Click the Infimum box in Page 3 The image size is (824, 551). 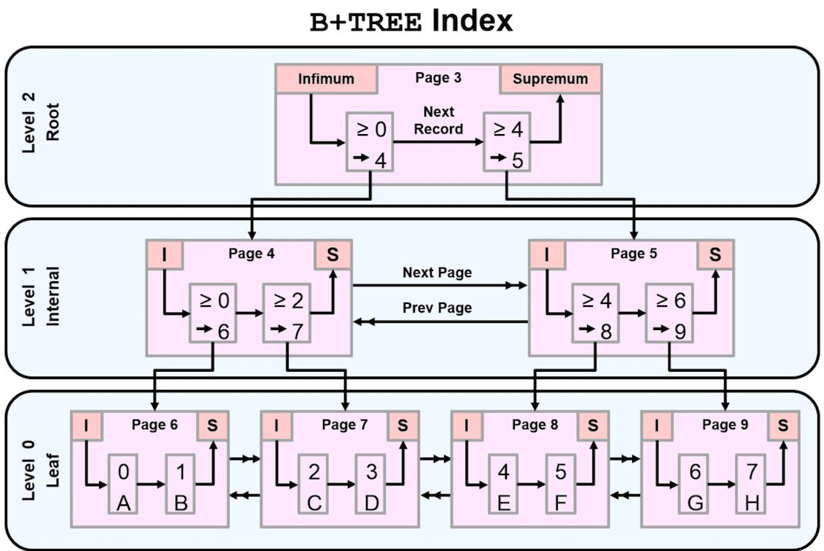(x=326, y=79)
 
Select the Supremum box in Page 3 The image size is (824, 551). (x=550, y=79)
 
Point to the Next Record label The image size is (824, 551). (x=438, y=120)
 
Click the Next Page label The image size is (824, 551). (x=437, y=273)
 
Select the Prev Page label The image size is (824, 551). (x=437, y=308)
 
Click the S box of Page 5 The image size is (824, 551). (x=715, y=254)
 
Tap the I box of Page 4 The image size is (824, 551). (x=164, y=254)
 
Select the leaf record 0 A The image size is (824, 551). (x=123, y=485)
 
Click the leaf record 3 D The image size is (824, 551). (x=371, y=485)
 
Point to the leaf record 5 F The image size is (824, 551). (x=561, y=485)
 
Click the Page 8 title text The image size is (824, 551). (x=535, y=424)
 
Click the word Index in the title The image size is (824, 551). (x=472, y=21)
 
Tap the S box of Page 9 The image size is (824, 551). (x=782, y=425)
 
